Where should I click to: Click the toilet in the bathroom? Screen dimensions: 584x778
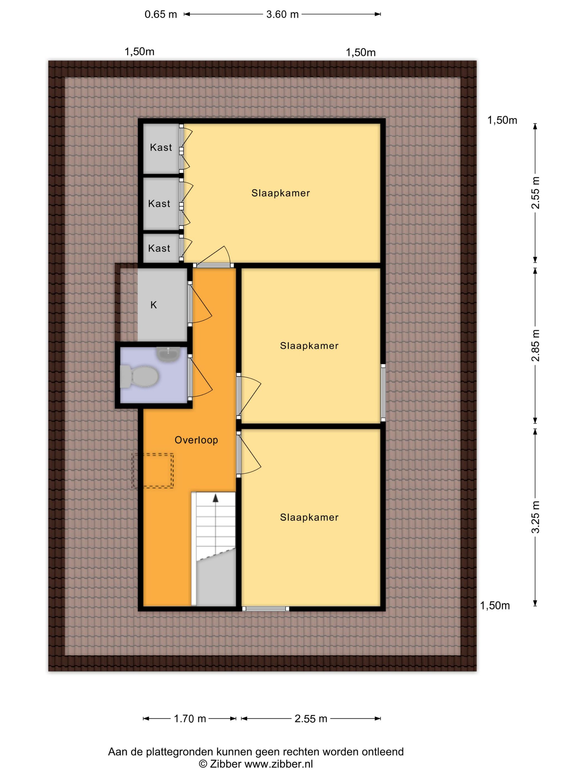coord(139,376)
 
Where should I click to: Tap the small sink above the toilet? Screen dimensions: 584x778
coord(168,355)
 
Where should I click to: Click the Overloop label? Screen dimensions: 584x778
coord(196,440)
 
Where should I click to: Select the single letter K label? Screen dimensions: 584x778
coord(154,305)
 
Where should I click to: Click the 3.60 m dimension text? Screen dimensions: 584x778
coord(282,14)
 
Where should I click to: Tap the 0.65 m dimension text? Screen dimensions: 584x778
coord(160,14)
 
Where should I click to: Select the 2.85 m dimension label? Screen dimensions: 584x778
coord(535,346)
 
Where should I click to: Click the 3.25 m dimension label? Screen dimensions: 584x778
coord(535,517)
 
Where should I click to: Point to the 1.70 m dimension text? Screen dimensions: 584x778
coord(190,719)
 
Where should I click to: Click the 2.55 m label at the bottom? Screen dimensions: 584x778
coord(311,719)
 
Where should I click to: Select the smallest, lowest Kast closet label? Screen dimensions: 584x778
coord(159,248)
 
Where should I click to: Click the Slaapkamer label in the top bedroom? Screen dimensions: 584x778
coord(281,193)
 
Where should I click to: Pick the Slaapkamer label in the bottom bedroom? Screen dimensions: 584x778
coord(309,517)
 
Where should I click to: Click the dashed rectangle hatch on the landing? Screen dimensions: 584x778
coord(153,471)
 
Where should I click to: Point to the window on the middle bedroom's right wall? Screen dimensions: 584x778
coord(383,393)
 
